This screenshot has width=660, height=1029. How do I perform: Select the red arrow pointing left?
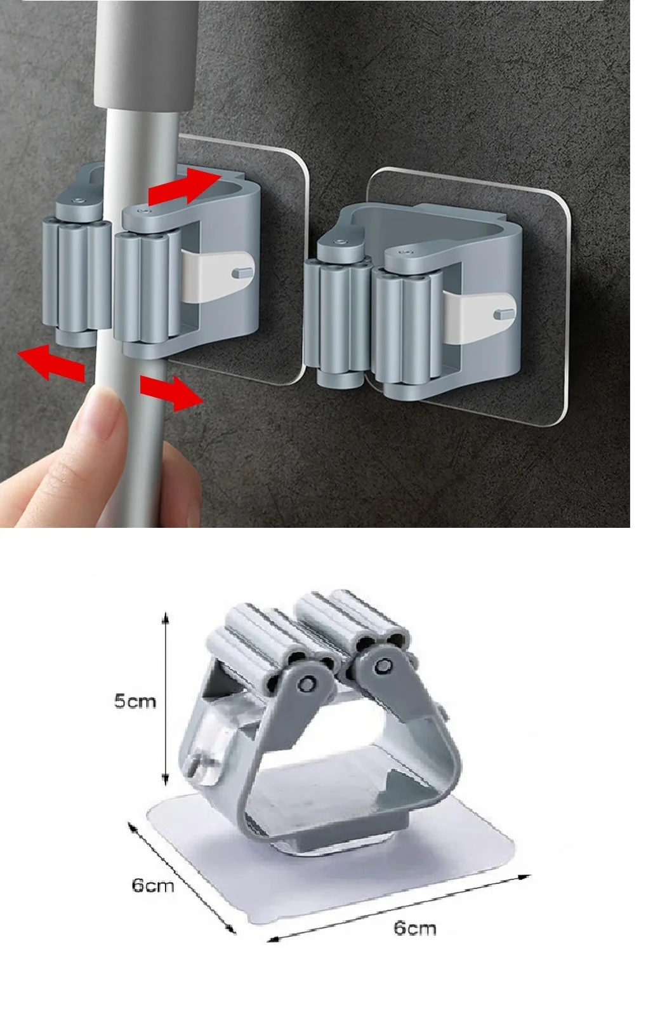pyautogui.click(x=51, y=363)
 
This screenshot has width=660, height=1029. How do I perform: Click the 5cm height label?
pyautogui.click(x=135, y=701)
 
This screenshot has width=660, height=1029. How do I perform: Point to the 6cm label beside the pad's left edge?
pyautogui.click(x=153, y=885)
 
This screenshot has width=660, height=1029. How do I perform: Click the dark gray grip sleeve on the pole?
pyautogui.click(x=146, y=56)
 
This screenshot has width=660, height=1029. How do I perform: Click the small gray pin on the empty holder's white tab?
pyautogui.click(x=503, y=314)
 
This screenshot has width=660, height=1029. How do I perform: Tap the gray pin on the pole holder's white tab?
pyautogui.click(x=242, y=273)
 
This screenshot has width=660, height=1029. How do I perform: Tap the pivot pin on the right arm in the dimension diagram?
pyautogui.click(x=382, y=666)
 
